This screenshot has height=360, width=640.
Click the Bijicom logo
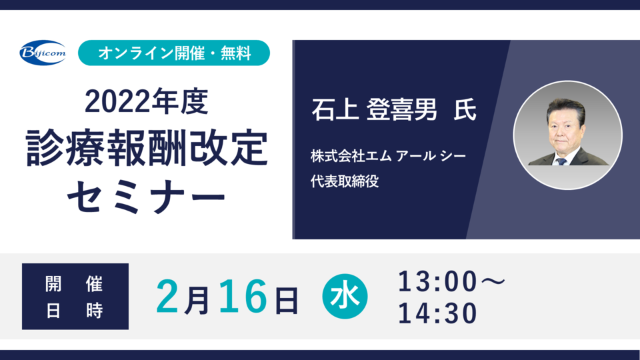[x=43, y=53]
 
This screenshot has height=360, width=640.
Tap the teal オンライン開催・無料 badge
[x=174, y=53]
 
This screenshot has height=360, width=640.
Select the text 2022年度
[x=147, y=101]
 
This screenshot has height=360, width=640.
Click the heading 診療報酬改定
[x=147, y=148]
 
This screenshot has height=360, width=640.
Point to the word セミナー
[x=147, y=197]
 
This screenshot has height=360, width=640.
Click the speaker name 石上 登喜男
[x=374, y=109]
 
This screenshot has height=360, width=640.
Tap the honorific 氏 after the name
[x=465, y=109]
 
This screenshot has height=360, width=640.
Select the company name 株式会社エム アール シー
[x=388, y=156]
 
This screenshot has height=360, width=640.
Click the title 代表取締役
[x=345, y=181]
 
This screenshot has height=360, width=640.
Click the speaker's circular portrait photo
[x=568, y=135]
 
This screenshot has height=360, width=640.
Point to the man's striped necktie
[x=561, y=161]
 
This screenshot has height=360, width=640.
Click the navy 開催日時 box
[x=75, y=296]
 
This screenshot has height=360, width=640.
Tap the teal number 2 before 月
[x=167, y=297]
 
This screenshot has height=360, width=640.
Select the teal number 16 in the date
[x=243, y=297]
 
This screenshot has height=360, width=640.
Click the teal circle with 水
[x=345, y=296]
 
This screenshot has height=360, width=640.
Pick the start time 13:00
[x=437, y=281]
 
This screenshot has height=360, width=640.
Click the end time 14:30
[x=437, y=313]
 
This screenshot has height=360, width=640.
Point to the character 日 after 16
[x=287, y=301]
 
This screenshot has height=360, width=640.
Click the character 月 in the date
[x=197, y=301]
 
